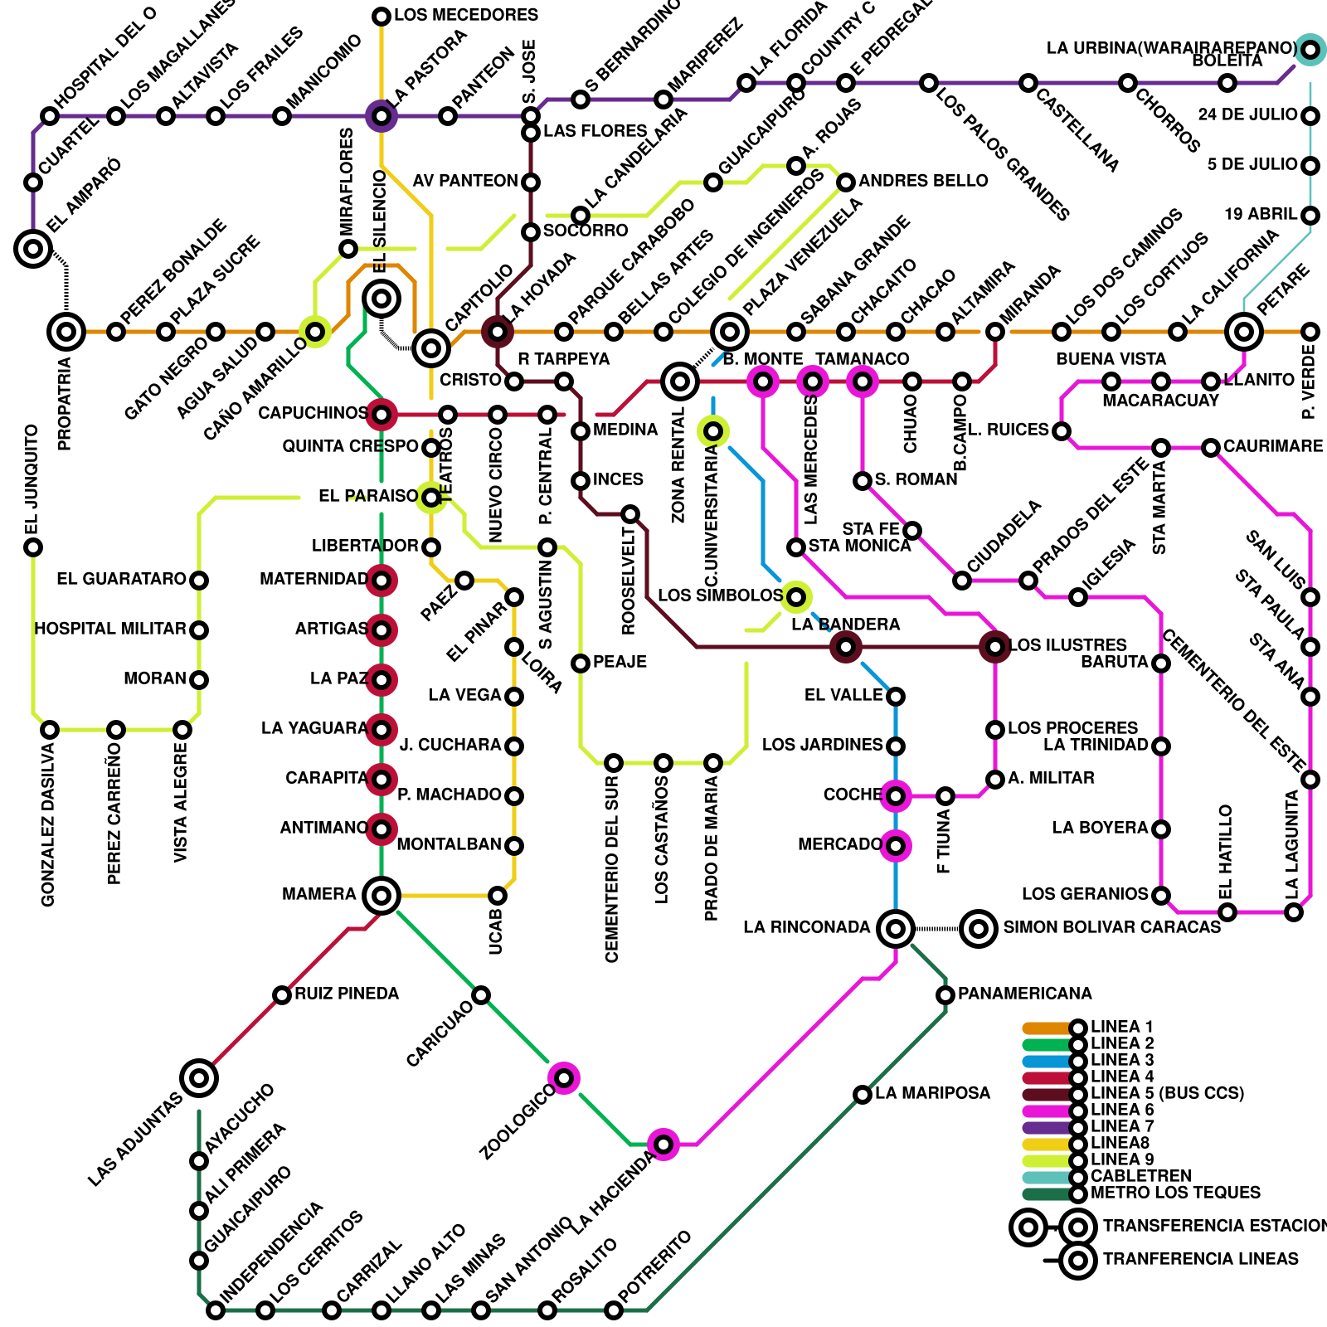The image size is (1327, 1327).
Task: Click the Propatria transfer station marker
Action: tap(66, 332)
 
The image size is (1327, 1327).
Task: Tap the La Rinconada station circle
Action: tap(896, 929)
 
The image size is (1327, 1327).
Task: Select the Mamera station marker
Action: tap(382, 896)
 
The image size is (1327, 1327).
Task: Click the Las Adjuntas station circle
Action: tap(199, 1078)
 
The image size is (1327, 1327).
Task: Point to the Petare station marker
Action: tap(1244, 332)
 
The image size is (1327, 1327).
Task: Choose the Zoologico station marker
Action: tap(564, 1078)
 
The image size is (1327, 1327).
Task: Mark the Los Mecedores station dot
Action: tap(382, 17)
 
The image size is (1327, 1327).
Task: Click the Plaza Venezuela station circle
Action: tap(730, 332)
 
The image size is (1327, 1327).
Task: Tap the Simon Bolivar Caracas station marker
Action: tap(979, 929)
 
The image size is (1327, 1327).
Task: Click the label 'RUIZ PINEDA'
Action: tap(347, 994)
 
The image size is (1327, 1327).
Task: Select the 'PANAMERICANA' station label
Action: tap(1024, 994)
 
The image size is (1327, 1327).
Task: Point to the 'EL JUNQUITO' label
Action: tap(32, 481)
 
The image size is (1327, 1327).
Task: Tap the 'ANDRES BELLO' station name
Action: tap(923, 181)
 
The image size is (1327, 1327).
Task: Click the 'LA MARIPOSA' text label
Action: tap(932, 1093)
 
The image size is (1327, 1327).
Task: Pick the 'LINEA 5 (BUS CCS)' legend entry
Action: tap(1167, 1093)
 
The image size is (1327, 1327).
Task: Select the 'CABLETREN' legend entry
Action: tap(1141, 1176)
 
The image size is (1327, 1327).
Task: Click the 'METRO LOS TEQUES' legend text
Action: tap(1175, 1193)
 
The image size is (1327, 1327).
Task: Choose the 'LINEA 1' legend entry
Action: tap(1121, 1027)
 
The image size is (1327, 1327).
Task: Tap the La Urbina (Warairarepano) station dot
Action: tap(1310, 50)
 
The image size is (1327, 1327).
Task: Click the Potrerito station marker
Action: tap(614, 1310)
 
